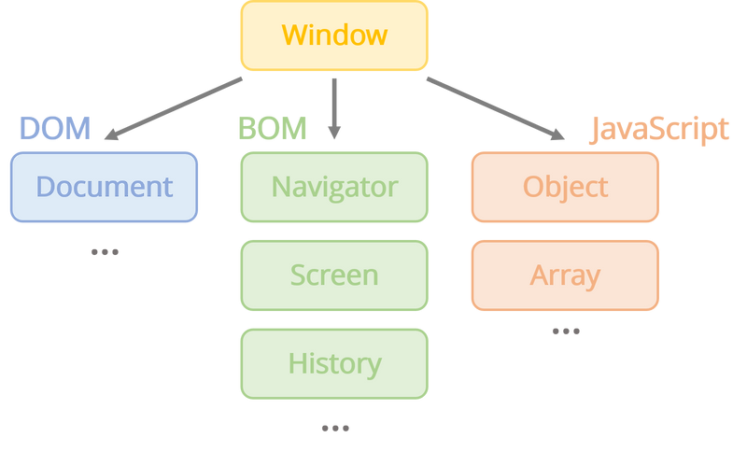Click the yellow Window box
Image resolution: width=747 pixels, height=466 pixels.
click(334, 35)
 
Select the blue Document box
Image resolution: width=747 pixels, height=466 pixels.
click(104, 187)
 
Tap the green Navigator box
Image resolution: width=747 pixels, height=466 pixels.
click(334, 187)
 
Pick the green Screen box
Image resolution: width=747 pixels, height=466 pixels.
click(334, 275)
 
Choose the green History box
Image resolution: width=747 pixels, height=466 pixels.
click(334, 362)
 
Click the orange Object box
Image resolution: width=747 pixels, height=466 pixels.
click(565, 187)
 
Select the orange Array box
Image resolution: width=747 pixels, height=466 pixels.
click(565, 275)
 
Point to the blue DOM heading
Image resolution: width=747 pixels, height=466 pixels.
click(54, 129)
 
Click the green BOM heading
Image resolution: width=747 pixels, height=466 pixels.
click(272, 129)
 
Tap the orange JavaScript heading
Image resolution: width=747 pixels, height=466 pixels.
click(658, 130)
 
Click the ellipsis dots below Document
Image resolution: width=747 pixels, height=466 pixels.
click(105, 251)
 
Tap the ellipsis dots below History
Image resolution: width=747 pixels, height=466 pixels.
click(335, 428)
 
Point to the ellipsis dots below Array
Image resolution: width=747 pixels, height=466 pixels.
click(566, 331)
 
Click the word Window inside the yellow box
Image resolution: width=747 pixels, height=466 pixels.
click(334, 35)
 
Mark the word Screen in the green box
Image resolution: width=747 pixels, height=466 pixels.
click(334, 275)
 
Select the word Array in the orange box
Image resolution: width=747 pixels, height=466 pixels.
click(565, 275)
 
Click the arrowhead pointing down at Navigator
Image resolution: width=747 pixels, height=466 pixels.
click(334, 133)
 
